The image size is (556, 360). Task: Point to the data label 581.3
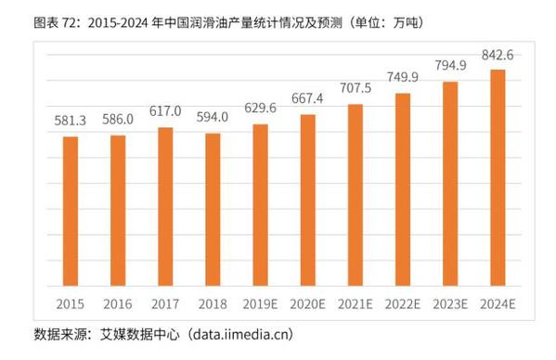point(71,122)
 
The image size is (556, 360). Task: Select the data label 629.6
point(261,109)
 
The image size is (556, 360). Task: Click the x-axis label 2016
point(118,303)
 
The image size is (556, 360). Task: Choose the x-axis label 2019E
point(261,303)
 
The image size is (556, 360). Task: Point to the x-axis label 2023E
point(451,303)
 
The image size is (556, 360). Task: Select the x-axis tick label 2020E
point(308,303)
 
